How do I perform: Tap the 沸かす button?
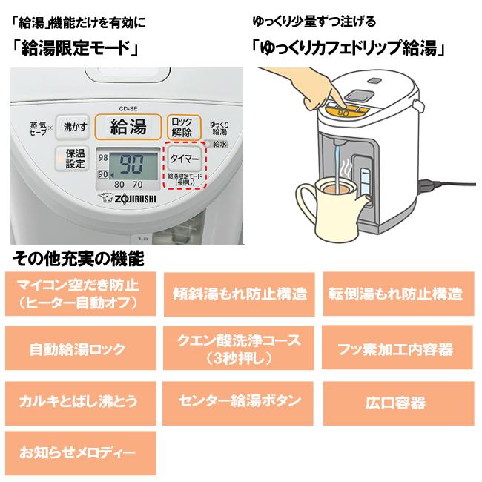(x=75, y=127)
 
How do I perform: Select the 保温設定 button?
(x=75, y=159)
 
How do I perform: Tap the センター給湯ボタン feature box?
(x=240, y=401)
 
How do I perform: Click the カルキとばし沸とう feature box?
(x=77, y=402)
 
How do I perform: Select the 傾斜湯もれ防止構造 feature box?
(x=240, y=293)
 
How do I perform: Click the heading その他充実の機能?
(x=78, y=260)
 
